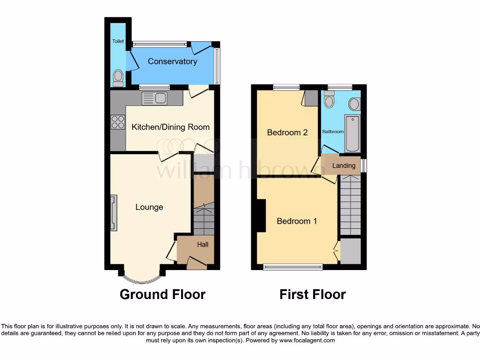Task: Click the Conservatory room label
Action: coord(172,61)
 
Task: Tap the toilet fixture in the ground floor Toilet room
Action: coord(118,77)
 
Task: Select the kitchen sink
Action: coord(154,98)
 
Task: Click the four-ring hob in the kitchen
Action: coord(118,122)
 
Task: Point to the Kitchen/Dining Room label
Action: coord(171,127)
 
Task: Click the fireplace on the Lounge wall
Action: coord(113,213)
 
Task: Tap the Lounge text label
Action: coord(149,207)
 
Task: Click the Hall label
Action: coord(202,244)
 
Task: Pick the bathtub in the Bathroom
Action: coord(352,133)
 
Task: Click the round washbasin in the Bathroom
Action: coord(354,104)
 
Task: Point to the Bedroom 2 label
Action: coord(287,133)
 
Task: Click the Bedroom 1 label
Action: coord(297,221)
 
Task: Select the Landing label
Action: coord(344,165)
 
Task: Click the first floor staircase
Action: coord(350,205)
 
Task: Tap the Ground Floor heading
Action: coord(162,294)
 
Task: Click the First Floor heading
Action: coord(312,294)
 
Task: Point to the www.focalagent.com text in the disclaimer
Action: coord(307,341)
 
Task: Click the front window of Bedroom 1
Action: coord(293,267)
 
